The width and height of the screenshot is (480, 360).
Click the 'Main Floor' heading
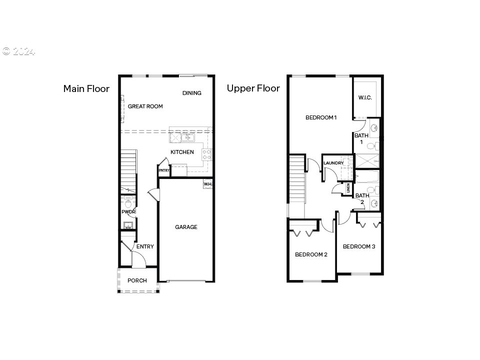click(x=86, y=89)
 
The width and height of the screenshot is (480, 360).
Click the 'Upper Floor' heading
click(x=253, y=88)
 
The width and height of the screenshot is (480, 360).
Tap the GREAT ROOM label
click(x=145, y=106)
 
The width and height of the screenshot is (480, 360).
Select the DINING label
click(x=191, y=93)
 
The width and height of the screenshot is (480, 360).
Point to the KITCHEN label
click(x=182, y=152)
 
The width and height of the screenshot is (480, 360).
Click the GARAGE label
click(x=186, y=227)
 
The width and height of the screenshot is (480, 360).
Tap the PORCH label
click(x=137, y=280)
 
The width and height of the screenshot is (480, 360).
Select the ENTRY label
click(x=145, y=246)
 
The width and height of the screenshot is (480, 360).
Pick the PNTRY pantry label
click(x=164, y=170)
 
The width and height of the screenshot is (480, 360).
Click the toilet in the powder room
click(x=128, y=202)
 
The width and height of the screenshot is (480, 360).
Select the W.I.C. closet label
click(x=365, y=97)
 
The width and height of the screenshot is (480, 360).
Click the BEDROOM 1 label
click(x=321, y=117)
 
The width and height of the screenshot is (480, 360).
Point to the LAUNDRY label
click(x=333, y=163)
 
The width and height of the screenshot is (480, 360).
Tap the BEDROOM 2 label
click(x=311, y=254)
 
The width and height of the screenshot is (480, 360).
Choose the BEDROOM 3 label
click(x=359, y=246)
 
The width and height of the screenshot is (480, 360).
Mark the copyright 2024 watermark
click(x=18, y=51)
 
